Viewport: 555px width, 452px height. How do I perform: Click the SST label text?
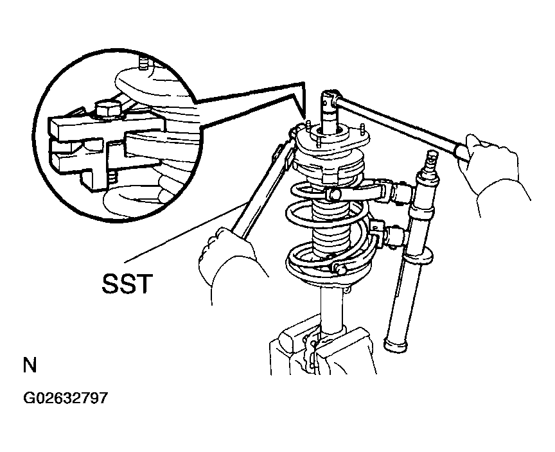point(127,282)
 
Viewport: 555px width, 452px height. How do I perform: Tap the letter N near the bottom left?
point(30,366)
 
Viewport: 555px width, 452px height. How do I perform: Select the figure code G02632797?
point(65,398)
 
